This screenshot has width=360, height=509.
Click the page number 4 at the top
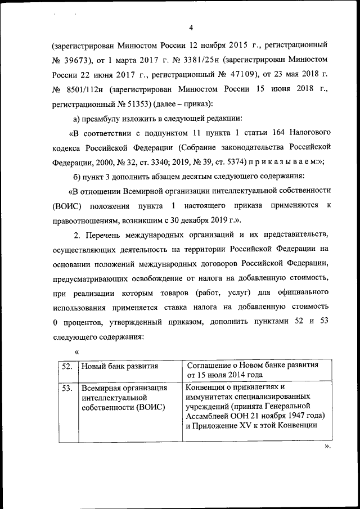click(191, 28)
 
